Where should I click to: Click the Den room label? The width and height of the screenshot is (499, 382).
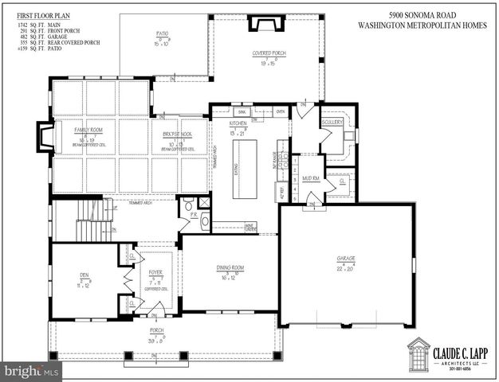tap(84, 275)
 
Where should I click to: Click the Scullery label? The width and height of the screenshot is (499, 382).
tap(332, 123)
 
